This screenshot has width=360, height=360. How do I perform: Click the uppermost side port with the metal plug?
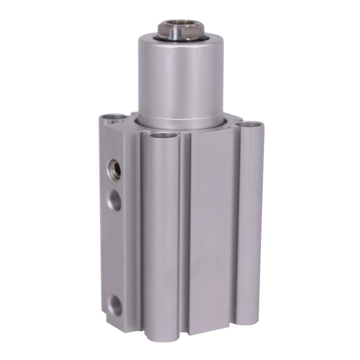pos(113,169)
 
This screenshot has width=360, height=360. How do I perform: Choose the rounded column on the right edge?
pos(250,225)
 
